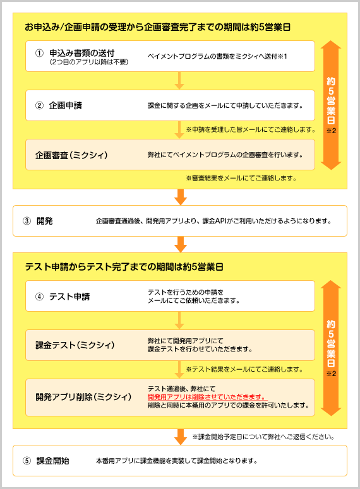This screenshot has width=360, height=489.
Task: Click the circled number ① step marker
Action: click(x=39, y=53)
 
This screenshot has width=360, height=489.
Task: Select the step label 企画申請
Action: click(x=66, y=105)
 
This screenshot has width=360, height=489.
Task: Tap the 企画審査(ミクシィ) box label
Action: click(x=71, y=155)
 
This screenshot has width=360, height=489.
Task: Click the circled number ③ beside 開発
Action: click(x=27, y=221)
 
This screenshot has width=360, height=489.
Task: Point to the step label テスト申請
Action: click(x=69, y=297)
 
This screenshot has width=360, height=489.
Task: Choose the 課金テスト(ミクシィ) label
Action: click(x=75, y=345)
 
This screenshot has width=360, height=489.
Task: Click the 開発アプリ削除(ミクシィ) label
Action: click(x=83, y=397)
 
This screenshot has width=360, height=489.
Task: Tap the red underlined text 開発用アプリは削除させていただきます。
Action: click(x=207, y=397)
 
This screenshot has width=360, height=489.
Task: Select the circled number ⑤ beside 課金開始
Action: click(x=27, y=461)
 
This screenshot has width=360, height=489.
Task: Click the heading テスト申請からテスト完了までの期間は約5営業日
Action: click(x=124, y=267)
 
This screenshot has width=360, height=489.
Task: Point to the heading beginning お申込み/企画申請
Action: click(x=158, y=27)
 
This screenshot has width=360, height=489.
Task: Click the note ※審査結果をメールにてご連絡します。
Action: click(x=241, y=178)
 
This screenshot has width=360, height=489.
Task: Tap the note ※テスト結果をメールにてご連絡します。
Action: click(x=244, y=369)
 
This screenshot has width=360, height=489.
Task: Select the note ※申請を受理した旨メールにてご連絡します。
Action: click(x=251, y=129)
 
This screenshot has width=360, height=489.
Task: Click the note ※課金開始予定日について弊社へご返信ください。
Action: click(x=263, y=437)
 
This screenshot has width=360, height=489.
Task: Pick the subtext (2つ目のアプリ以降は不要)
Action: click(x=89, y=62)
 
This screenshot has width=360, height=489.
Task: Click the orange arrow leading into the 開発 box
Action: click(x=181, y=197)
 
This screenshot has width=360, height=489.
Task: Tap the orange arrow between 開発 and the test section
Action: click(x=181, y=245)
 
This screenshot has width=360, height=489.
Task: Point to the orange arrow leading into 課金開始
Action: click(x=181, y=437)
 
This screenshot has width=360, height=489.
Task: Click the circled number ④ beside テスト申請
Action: click(x=39, y=297)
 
